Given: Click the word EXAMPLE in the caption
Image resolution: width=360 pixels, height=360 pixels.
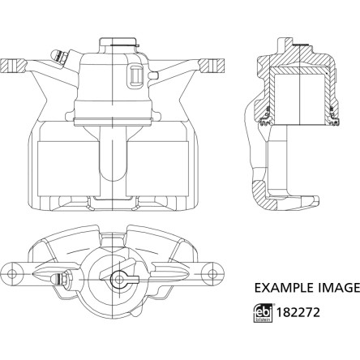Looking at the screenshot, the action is [x=285, y=288].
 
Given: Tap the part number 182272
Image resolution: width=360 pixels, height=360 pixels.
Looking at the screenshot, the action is [x=298, y=312].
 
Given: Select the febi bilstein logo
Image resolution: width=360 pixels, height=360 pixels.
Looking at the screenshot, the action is [x=263, y=313].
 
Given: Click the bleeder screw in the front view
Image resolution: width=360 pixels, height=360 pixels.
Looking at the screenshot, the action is [x=59, y=58].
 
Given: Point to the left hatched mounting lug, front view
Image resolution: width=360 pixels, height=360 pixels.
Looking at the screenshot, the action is [x=13, y=66].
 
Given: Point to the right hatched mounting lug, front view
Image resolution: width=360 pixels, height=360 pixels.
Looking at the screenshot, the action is [x=212, y=65].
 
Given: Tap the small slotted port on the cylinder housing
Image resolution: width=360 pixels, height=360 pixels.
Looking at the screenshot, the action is [x=135, y=76].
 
